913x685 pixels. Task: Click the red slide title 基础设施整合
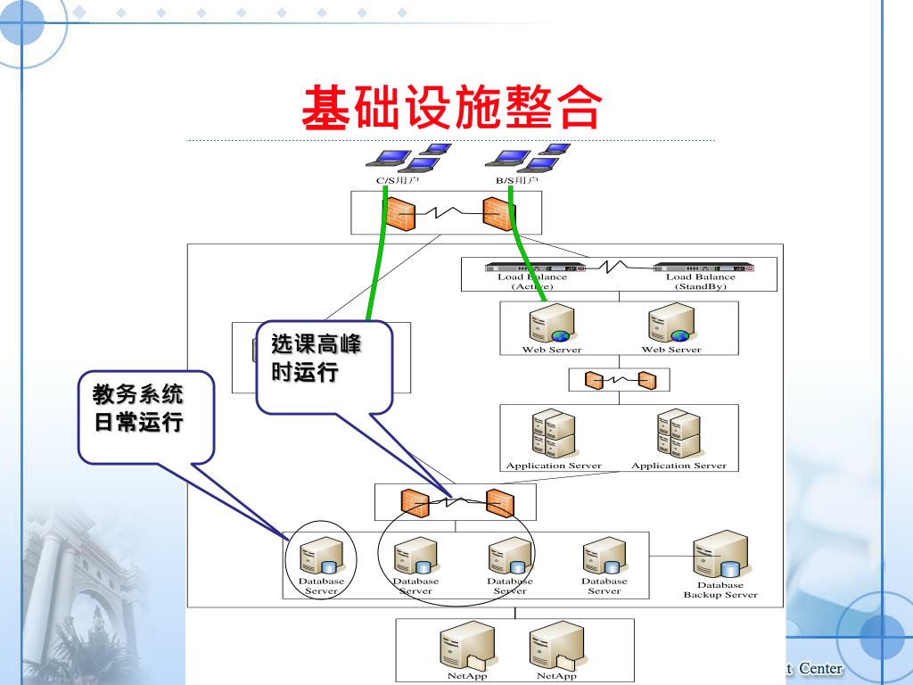[452, 109]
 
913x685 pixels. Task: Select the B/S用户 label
[516, 180]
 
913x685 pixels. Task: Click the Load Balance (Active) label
[531, 281]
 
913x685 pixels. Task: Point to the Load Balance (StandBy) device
[703, 266]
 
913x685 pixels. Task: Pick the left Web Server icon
[551, 324]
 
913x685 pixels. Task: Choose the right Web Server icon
[671, 324]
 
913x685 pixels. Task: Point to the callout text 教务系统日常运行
[139, 408]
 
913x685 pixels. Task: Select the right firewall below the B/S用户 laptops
[498, 214]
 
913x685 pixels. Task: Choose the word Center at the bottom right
[820, 669]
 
